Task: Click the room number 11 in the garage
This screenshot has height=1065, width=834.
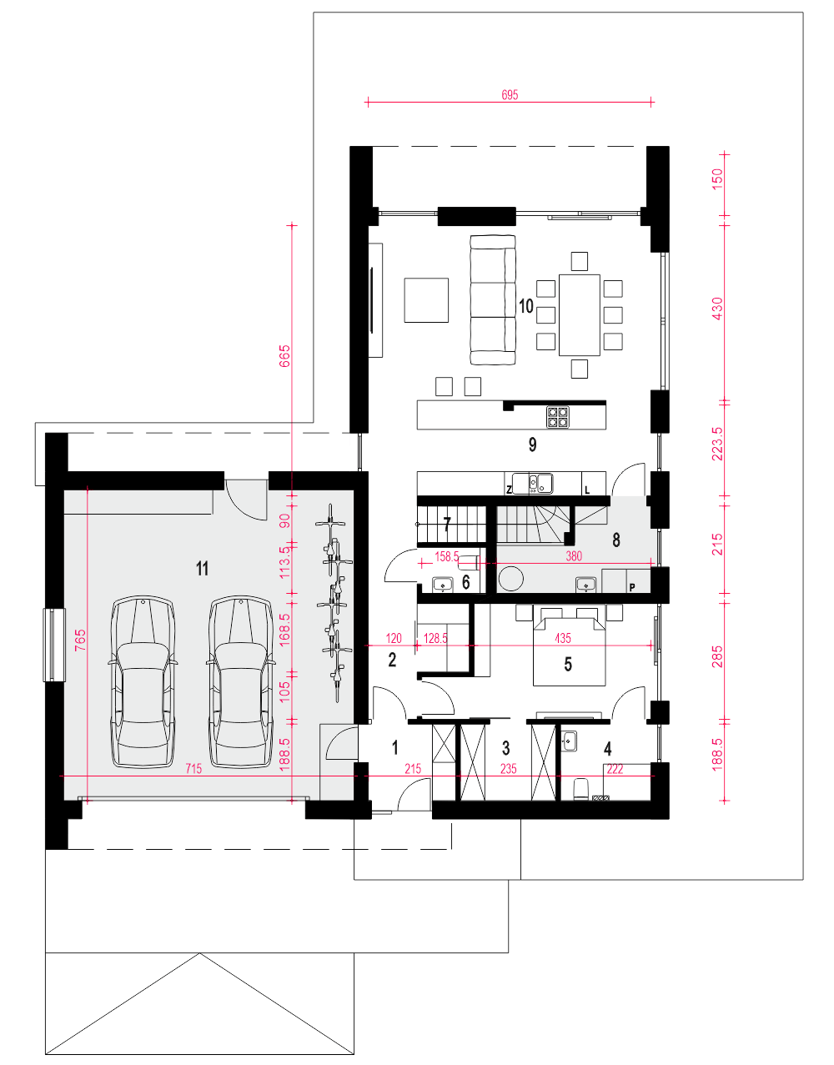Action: point(202,569)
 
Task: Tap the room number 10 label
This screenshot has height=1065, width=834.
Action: point(525,306)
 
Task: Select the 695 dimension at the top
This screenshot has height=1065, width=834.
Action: point(510,95)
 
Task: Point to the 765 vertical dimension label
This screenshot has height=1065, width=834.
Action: point(80,640)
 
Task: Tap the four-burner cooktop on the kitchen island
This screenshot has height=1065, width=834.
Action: point(558,417)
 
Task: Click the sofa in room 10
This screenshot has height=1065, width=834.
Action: point(493,300)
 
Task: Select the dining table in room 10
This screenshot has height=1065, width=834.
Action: point(579,314)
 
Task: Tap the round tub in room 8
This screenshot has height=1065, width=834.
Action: point(511,578)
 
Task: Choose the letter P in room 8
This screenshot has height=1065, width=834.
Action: point(632,587)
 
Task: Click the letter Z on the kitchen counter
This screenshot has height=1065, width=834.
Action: point(509,490)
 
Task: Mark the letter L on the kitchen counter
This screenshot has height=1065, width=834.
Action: point(587,490)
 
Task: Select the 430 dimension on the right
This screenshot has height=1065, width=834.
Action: point(717,309)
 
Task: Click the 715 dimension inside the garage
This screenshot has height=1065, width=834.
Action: point(193,768)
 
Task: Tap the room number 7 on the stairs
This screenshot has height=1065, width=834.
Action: point(447,525)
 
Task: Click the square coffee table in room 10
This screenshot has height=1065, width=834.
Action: point(426,300)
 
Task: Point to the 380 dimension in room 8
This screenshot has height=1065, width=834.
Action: point(574,555)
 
